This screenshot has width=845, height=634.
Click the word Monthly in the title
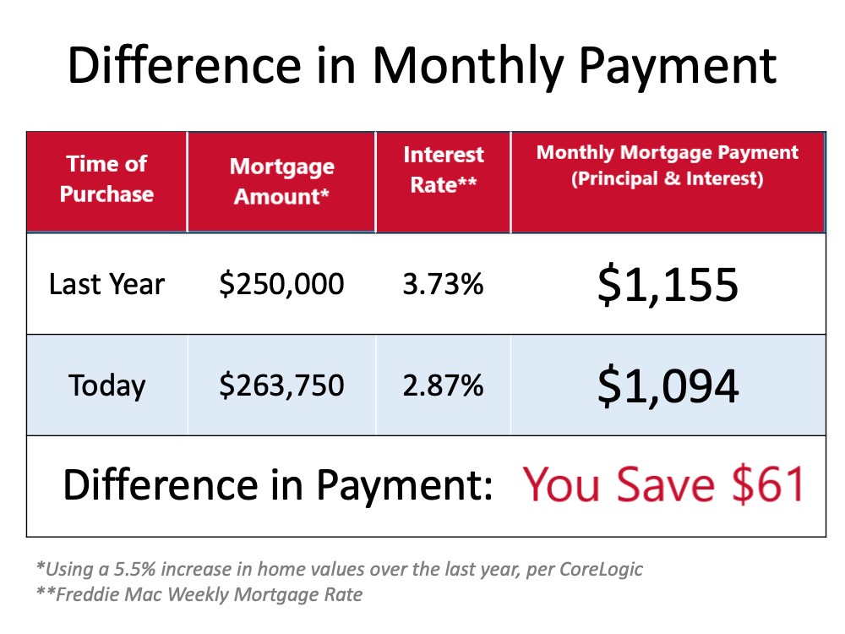[467, 67]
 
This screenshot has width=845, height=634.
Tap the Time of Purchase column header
[106, 178]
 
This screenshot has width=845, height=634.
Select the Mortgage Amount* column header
[282, 181]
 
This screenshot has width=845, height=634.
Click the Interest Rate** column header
[444, 169]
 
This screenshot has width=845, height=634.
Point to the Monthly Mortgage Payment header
[668, 165]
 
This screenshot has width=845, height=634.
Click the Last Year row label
[106, 284]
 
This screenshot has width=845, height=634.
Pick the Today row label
[106, 386]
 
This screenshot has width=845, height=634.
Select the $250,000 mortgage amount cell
[281, 284]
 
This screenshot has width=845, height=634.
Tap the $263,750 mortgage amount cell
[281, 385]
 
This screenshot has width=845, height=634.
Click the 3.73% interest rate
[443, 284]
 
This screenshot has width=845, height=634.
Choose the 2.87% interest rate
[443, 385]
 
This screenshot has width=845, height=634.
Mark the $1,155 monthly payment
[668, 285]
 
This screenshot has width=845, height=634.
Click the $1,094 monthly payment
[668, 386]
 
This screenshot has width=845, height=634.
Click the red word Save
[666, 484]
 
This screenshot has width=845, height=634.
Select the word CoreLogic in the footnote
[601, 569]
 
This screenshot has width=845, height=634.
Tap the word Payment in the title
[678, 67]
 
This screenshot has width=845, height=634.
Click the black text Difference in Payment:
[277, 484]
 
